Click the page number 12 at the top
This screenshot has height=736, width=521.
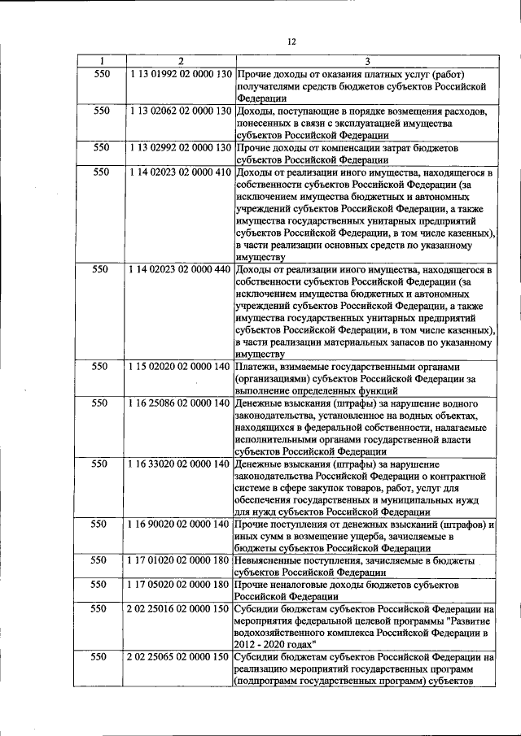pyautogui.click(x=291, y=42)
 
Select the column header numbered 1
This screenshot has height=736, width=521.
pyautogui.click(x=100, y=61)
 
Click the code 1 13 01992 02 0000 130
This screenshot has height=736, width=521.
pyautogui.click(x=181, y=73)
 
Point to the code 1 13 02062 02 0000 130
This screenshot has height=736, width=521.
pyautogui.click(x=181, y=110)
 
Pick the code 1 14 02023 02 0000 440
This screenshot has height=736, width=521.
pyautogui.click(x=181, y=269)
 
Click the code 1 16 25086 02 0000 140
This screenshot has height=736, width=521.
pyautogui.click(x=181, y=403)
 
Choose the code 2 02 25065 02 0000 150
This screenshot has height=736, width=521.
pyautogui.click(x=181, y=656)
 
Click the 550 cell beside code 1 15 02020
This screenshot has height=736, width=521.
pyautogui.click(x=100, y=367)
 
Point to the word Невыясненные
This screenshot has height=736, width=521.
pyautogui.click(x=274, y=560)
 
